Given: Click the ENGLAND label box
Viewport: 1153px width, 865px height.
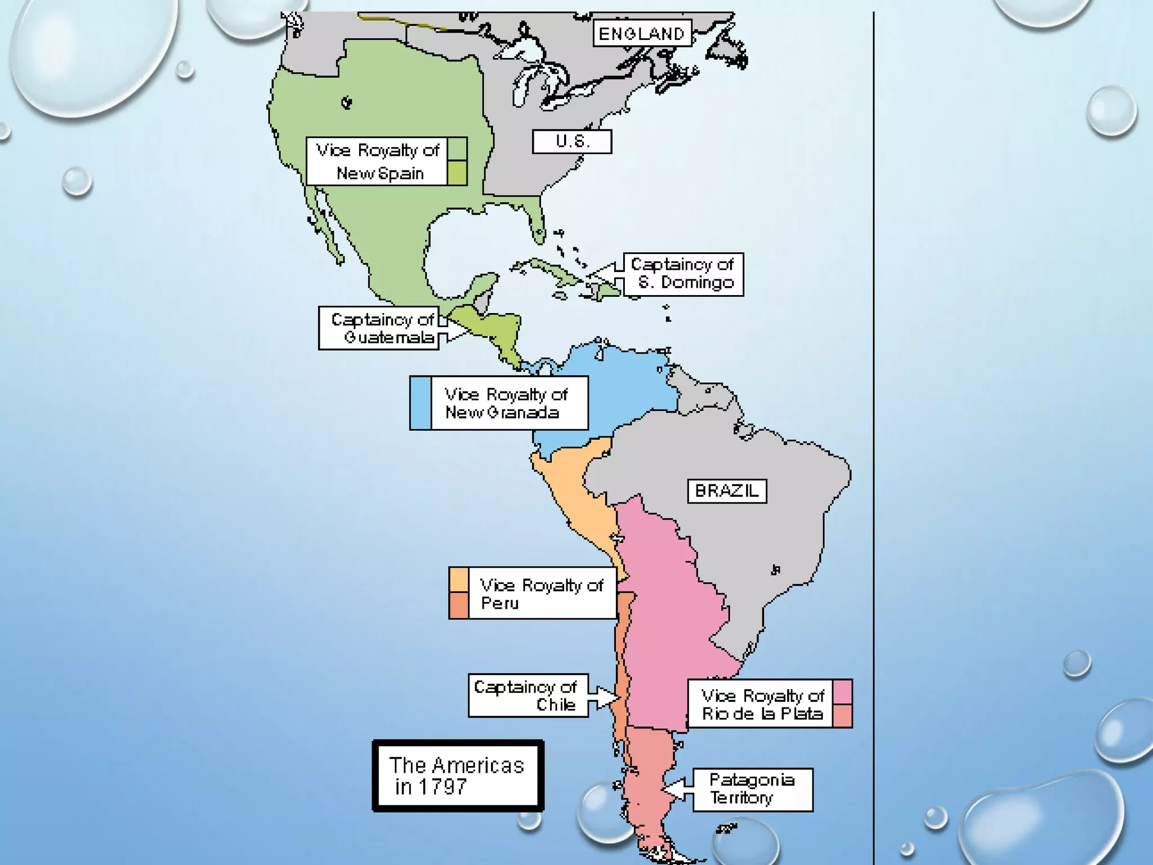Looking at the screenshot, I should tap(642, 34).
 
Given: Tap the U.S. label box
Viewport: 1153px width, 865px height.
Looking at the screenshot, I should tap(571, 141).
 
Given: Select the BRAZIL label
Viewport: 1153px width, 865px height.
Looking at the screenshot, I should tap(726, 491).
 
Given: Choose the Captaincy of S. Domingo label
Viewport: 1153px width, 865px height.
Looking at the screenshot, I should tap(683, 274).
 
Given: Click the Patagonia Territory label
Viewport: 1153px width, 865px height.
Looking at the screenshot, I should tap(752, 790).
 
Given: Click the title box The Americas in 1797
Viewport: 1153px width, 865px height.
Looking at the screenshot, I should tap(458, 775).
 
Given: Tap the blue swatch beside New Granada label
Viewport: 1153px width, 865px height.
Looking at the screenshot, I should tap(421, 403).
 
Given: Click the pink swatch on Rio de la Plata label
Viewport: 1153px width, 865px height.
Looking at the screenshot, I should tap(842, 692).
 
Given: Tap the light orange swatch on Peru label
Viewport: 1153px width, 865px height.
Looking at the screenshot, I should tap(459, 580).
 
